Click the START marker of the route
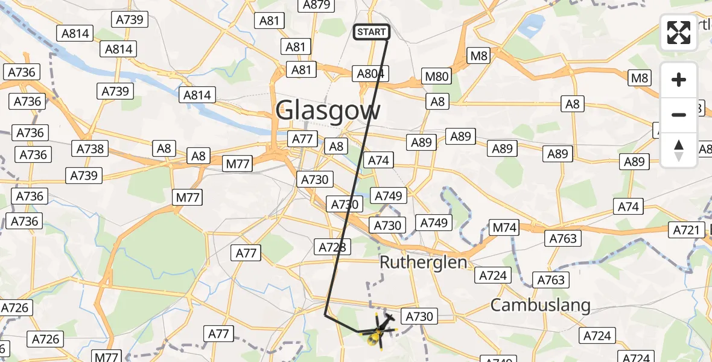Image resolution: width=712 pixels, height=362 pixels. [x=370, y=32]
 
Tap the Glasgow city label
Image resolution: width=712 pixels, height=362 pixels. [x=328, y=111]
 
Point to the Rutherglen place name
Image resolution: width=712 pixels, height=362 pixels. [x=423, y=262]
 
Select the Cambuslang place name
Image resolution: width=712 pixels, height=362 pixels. [x=540, y=305]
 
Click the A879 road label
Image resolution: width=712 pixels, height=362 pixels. [x=316, y=5]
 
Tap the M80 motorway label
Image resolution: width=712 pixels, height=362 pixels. [x=437, y=76]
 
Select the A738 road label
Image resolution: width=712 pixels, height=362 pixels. [x=91, y=148]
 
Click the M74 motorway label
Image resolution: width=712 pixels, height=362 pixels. [x=504, y=228]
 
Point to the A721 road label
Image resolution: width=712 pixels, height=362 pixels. [x=687, y=230]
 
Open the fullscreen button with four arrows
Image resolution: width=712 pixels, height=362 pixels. [x=678, y=33]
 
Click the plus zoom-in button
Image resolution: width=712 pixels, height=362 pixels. [x=679, y=80]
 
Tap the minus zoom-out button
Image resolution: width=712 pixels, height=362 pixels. [x=679, y=115]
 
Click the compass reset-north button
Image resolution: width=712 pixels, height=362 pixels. [x=679, y=150]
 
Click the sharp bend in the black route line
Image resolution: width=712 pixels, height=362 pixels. [x=325, y=314]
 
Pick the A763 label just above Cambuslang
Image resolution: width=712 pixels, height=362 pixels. [x=550, y=280]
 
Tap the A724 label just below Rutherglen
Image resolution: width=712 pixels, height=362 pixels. [x=493, y=276]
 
